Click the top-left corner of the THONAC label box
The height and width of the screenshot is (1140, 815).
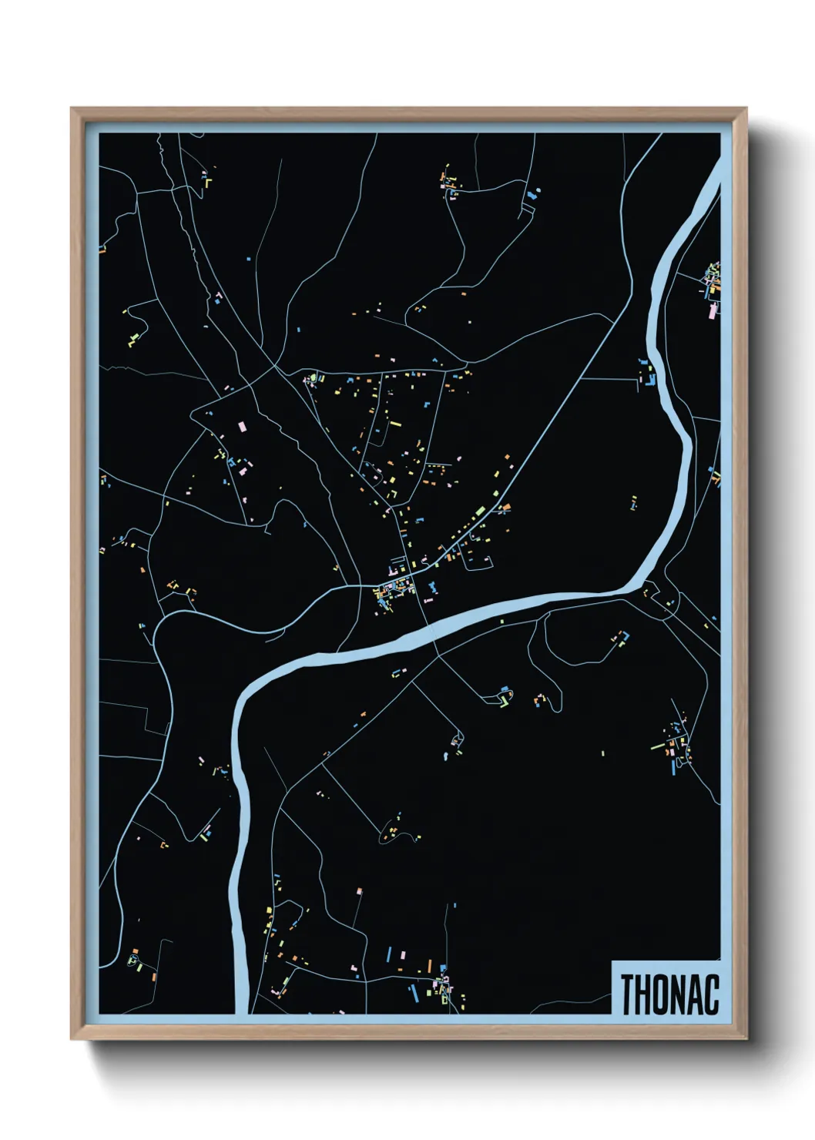click(612, 961)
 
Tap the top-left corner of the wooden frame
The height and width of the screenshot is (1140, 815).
click(71, 108)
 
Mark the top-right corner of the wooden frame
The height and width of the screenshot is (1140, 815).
click(746, 108)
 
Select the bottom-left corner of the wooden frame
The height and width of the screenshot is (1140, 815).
click(71, 1039)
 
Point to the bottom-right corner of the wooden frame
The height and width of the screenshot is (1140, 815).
click(746, 1039)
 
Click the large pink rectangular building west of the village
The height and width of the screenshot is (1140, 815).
click(242, 426)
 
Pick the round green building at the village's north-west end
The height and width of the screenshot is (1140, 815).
click(312, 378)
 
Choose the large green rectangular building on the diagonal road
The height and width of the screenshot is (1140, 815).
click(480, 511)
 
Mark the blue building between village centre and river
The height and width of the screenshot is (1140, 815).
click(432, 589)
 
